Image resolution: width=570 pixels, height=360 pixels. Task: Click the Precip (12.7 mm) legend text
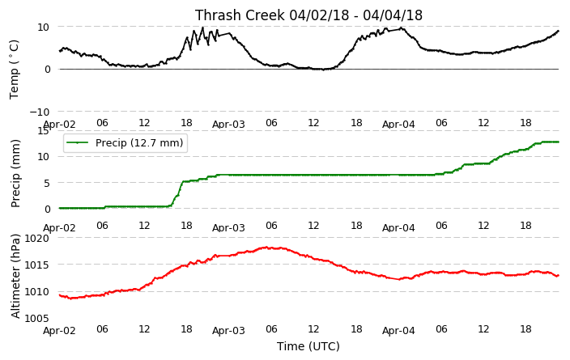[x=139, y=142]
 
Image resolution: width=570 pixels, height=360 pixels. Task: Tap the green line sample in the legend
[x=77, y=142]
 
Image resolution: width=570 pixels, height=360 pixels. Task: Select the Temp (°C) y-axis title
[x=14, y=69]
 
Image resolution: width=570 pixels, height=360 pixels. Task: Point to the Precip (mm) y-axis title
[x=15, y=173]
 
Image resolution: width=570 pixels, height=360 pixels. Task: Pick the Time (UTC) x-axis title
[x=308, y=346]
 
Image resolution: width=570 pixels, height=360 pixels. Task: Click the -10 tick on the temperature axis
[x=39, y=112]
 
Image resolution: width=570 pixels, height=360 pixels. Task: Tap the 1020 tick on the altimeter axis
[x=36, y=239]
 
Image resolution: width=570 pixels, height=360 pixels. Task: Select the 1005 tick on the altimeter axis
[x=36, y=319]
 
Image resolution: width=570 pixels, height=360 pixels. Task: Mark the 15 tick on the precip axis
[x=43, y=131]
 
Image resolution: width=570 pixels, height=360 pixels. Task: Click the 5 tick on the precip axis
[x=47, y=183]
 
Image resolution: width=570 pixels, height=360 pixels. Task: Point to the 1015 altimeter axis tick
[x=36, y=265]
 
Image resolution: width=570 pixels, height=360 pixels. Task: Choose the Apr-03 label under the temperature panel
[x=228, y=125]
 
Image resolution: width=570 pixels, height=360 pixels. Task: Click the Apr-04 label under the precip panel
[x=398, y=228]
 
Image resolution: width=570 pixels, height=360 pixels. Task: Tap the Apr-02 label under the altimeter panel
[x=59, y=331]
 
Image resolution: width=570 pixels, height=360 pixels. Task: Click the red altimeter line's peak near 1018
[x=266, y=248]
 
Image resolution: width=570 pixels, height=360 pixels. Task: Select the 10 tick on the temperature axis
[x=43, y=27]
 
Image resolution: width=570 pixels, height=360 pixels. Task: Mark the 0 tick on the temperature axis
[x=47, y=70]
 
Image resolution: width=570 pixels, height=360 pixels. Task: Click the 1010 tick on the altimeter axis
[x=36, y=292]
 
